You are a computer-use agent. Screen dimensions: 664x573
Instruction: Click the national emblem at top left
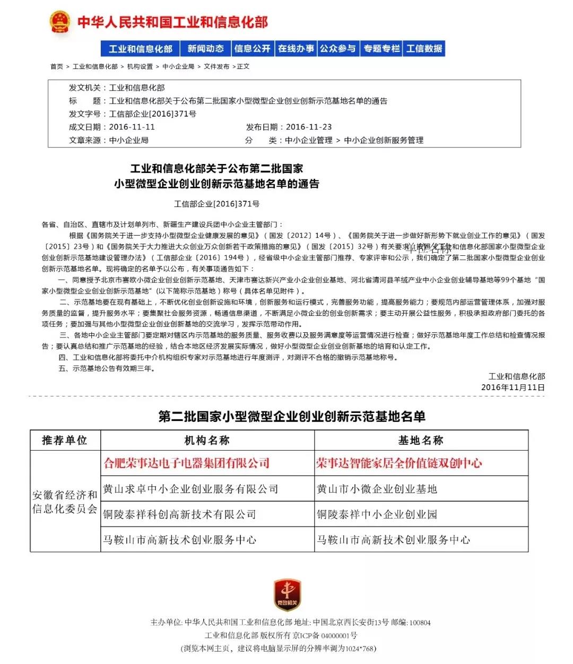click(x=60, y=22)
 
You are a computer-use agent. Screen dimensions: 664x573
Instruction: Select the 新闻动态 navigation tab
click(x=205, y=49)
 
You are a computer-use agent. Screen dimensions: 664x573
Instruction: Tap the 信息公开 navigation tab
click(x=253, y=49)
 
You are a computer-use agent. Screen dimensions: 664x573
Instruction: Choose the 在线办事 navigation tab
click(x=296, y=49)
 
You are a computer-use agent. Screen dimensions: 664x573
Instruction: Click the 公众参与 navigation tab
click(x=338, y=49)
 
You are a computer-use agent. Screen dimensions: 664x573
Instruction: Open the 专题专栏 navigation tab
click(x=381, y=49)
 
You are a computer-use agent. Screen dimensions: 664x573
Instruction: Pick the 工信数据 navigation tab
click(x=424, y=49)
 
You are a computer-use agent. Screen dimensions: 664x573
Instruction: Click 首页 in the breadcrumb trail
click(x=57, y=67)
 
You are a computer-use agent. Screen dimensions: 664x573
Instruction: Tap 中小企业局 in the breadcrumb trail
click(x=178, y=67)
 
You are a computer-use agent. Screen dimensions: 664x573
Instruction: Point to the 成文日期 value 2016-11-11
click(x=132, y=127)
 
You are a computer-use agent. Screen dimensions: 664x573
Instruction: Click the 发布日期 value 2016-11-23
click(x=309, y=127)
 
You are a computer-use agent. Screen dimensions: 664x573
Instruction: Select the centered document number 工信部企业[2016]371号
click(x=217, y=204)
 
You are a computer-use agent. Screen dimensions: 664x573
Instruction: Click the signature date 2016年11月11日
click(x=513, y=387)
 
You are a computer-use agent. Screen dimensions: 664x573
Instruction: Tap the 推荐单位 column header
click(x=65, y=441)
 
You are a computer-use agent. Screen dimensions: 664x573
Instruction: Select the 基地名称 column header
click(x=421, y=441)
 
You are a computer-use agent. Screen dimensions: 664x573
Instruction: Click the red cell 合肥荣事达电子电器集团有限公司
click(x=187, y=463)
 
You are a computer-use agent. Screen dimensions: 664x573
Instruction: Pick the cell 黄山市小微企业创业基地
click(x=377, y=489)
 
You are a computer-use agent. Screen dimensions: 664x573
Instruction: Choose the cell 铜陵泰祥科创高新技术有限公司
click(x=179, y=514)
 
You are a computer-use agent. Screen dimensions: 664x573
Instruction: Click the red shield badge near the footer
click(x=287, y=594)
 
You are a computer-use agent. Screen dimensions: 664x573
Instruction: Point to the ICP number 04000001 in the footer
click(x=336, y=636)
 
